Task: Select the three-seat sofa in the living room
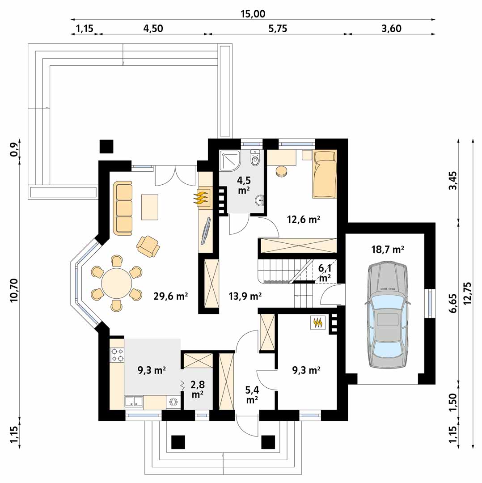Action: [123, 208]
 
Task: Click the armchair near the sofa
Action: [148, 246]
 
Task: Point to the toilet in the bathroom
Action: [255, 158]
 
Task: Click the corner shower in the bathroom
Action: [229, 160]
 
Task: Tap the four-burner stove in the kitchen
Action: [117, 354]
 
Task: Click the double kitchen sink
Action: [134, 402]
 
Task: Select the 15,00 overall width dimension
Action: [253, 14]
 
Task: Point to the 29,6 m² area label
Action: [171, 296]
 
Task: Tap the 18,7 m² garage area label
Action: [388, 249]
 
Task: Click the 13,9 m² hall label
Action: [245, 296]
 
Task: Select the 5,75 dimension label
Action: [278, 29]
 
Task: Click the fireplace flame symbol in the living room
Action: [200, 198]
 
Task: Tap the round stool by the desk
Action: [281, 171]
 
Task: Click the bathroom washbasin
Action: [260, 200]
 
